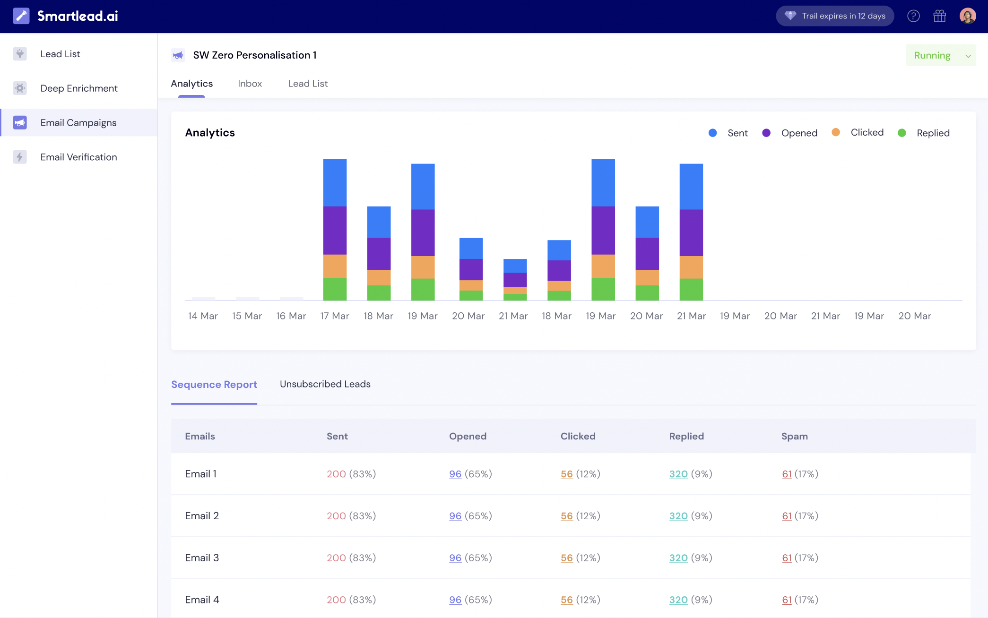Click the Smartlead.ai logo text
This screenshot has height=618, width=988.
pyautogui.click(x=78, y=16)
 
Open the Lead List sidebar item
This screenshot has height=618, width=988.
pyautogui.click(x=60, y=54)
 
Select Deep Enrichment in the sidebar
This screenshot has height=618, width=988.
pyautogui.click(x=78, y=88)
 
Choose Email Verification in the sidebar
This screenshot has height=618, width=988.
pyautogui.click(x=78, y=157)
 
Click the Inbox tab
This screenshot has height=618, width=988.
pyautogui.click(x=250, y=84)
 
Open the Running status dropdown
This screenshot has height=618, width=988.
pyautogui.click(x=940, y=55)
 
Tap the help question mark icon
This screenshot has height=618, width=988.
pyautogui.click(x=913, y=16)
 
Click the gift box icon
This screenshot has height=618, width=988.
pyautogui.click(x=939, y=16)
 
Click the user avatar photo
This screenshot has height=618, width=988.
pyautogui.click(x=967, y=16)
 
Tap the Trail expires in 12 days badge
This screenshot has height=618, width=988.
pyautogui.click(x=835, y=16)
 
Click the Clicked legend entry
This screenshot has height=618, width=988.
pyautogui.click(x=867, y=133)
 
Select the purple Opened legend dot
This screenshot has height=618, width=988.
pyautogui.click(x=766, y=133)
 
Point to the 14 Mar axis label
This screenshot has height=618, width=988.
pyautogui.click(x=203, y=316)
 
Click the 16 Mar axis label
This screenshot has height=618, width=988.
pyautogui.click(x=291, y=316)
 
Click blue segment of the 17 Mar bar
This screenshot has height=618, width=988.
pyautogui.click(x=335, y=182)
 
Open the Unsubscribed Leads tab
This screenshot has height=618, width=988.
pyautogui.click(x=325, y=384)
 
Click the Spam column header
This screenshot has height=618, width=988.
pyautogui.click(x=794, y=436)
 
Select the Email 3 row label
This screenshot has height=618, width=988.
pyautogui.click(x=202, y=558)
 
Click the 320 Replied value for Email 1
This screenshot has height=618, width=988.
pyautogui.click(x=678, y=474)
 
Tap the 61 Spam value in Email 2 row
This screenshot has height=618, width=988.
pyautogui.click(x=787, y=516)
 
